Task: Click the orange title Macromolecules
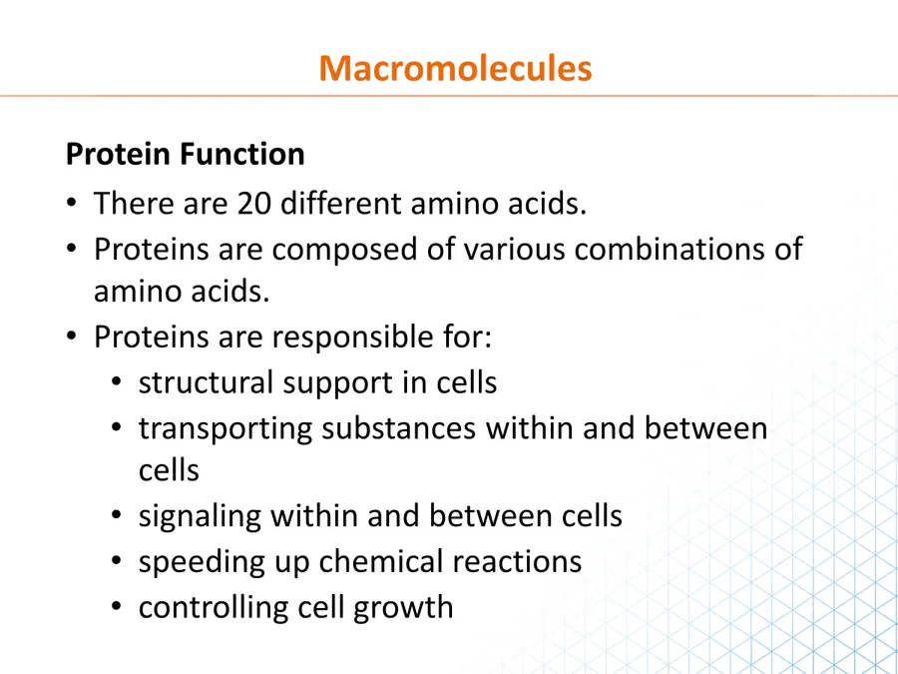(x=455, y=68)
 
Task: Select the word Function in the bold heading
(x=241, y=154)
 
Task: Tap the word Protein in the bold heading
(x=119, y=154)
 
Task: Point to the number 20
(x=254, y=204)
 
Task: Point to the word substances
(x=398, y=428)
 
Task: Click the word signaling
(x=200, y=517)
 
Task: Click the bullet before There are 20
(x=71, y=203)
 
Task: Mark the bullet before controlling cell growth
(x=117, y=606)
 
